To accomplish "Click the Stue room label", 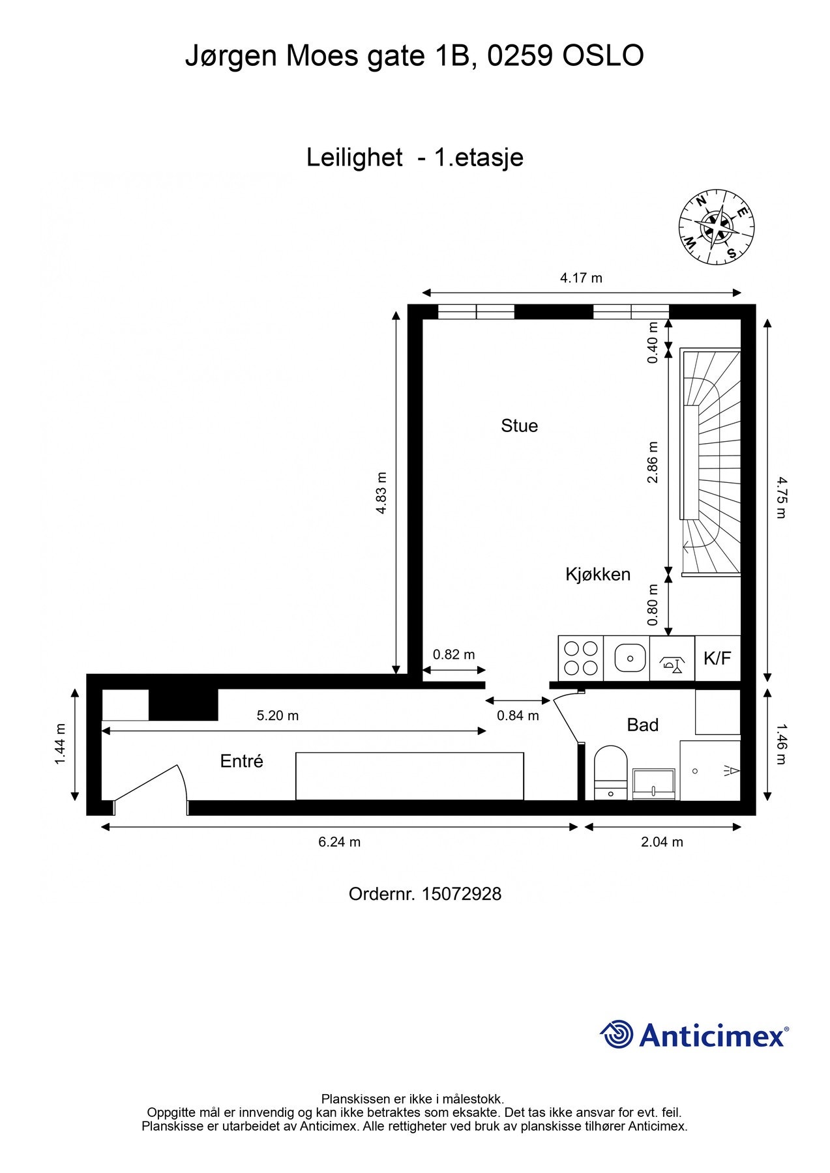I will [519, 426].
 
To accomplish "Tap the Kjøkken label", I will [597, 574].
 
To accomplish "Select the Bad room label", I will [642, 725].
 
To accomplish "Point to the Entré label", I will [241, 761].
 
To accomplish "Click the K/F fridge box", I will [717, 658].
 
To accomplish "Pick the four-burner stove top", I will [580, 658].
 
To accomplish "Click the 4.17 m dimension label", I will [581, 278].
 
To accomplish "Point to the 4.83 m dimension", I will [382, 493].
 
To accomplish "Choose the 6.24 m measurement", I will [339, 842].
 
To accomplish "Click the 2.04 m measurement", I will [662, 842].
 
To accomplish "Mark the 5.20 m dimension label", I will [278, 716].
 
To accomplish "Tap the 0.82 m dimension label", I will [454, 654].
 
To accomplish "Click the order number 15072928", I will [462, 894].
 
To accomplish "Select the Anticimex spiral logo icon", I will [616, 1034].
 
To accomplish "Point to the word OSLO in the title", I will [603, 56].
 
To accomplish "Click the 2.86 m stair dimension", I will [653, 462].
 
